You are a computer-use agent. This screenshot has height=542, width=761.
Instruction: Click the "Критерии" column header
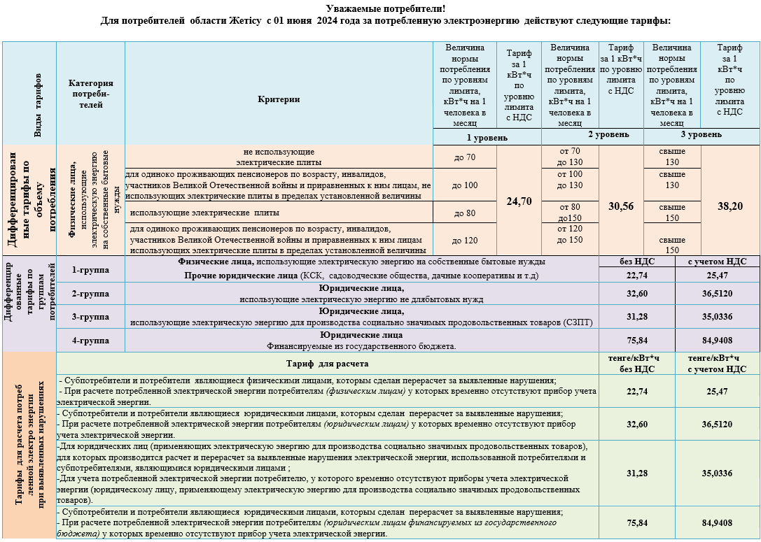pyautogui.click(x=279, y=99)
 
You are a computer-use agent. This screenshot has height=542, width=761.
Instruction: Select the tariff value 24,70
pyautogui.click(x=519, y=201)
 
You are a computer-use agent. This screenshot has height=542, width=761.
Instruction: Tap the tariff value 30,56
pyautogui.click(x=621, y=206)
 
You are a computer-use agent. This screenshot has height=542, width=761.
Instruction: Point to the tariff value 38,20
pyautogui.click(x=730, y=206)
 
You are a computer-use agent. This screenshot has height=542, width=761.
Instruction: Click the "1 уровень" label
pyautogui.click(x=487, y=138)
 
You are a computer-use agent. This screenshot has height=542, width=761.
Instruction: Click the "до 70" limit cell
pyautogui.click(x=464, y=157)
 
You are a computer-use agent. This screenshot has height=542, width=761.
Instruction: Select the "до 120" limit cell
pyautogui.click(x=464, y=240)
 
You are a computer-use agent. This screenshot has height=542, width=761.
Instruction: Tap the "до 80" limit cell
pyautogui.click(x=464, y=212)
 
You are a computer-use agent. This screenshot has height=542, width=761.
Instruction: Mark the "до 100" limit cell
pyautogui.click(x=464, y=185)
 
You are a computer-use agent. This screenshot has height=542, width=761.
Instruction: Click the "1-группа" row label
pyautogui.click(x=90, y=269)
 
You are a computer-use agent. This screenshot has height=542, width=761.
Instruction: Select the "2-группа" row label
pyautogui.click(x=90, y=294)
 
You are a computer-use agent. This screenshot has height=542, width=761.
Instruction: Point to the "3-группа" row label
pyautogui.click(x=90, y=317)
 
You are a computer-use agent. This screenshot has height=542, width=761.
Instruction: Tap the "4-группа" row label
pyautogui.click(x=90, y=341)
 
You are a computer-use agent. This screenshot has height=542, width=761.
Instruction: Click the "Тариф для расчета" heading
pyautogui.click(x=327, y=364)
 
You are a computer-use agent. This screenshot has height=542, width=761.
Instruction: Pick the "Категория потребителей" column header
pyautogui.click(x=91, y=94)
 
